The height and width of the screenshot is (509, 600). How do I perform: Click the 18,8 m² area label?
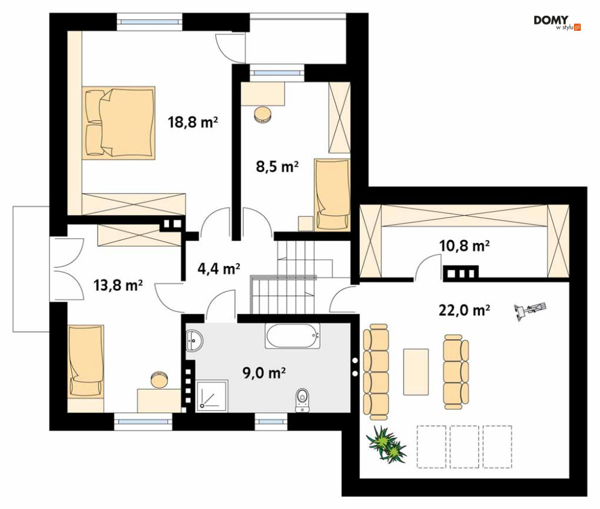[193, 122]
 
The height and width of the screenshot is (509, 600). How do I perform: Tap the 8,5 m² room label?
[277, 166]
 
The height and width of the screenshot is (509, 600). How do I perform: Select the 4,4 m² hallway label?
[218, 268]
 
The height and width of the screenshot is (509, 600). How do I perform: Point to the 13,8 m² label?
[118, 285]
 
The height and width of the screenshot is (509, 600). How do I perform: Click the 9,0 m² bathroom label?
[264, 372]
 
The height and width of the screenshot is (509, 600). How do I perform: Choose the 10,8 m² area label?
[464, 245]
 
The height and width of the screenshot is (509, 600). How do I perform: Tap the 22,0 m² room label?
[464, 310]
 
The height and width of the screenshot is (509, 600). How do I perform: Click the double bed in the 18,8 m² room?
[118, 122]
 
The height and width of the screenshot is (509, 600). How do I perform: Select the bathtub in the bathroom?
[292, 336]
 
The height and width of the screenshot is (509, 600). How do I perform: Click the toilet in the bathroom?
[302, 400]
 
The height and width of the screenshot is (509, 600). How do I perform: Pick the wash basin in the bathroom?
[195, 340]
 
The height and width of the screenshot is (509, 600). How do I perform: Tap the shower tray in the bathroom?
[212, 396]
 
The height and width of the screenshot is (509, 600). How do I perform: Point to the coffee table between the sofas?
[416, 371]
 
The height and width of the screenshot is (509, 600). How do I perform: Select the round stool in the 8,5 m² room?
[263, 115]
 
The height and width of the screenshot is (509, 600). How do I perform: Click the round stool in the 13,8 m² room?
[159, 379]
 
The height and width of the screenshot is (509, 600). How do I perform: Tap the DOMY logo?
[557, 22]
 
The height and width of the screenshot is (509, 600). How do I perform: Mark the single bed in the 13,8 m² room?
[86, 362]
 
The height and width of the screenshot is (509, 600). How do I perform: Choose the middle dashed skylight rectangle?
[464, 447]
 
